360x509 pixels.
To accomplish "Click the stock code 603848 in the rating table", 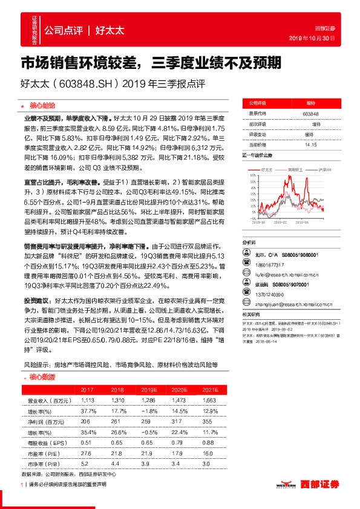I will point(310,114).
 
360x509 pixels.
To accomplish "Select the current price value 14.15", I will point(310,144).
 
